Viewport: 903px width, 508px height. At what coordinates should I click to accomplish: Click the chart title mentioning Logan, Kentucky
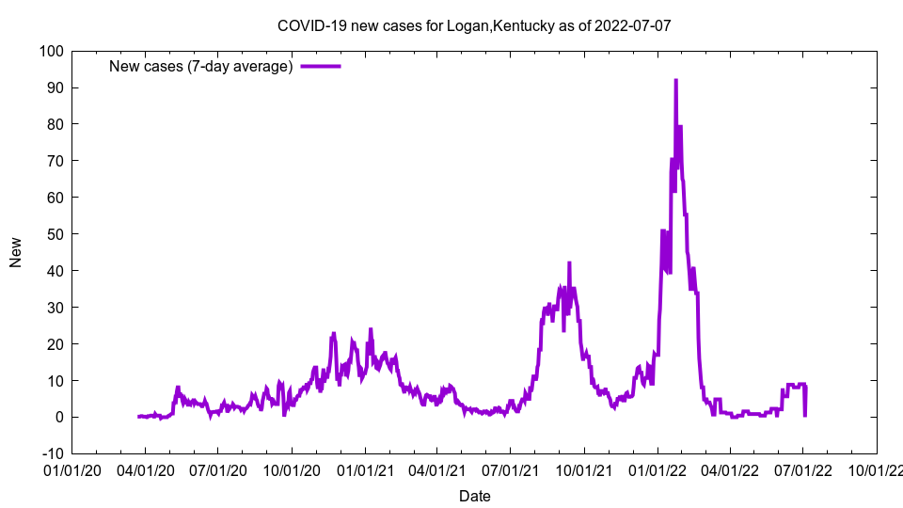[x=474, y=25]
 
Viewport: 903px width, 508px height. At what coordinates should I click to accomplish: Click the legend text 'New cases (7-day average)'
[x=201, y=67]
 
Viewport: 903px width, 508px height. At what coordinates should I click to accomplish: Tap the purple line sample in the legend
[x=321, y=67]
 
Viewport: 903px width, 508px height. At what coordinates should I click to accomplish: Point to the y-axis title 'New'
[x=16, y=252]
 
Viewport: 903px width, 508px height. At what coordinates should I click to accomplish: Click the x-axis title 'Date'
[x=474, y=496]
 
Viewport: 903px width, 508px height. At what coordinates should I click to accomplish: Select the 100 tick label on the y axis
[x=51, y=51]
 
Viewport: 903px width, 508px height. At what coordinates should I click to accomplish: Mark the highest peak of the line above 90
[x=675, y=81]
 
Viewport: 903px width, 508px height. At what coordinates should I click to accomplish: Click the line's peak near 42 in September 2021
[x=569, y=263]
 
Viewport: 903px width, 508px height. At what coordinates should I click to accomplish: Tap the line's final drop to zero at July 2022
[x=805, y=415]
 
